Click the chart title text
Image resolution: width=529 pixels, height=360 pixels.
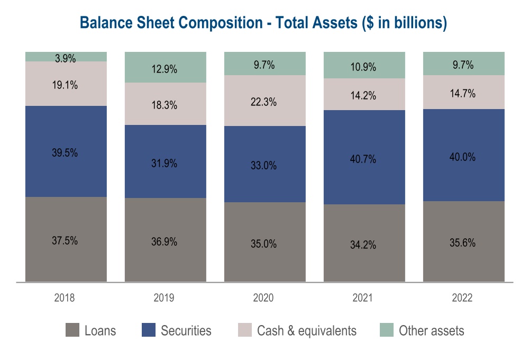pos(263,23)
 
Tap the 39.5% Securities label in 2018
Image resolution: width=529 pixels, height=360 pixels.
pos(66,152)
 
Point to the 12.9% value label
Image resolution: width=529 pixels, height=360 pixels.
pos(165,69)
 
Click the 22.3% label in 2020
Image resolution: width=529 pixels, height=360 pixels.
pos(263,102)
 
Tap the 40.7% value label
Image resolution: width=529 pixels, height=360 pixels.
pos(363,158)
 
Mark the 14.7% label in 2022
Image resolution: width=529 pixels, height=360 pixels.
pos(463,94)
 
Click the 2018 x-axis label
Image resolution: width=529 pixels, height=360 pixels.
pos(65,298)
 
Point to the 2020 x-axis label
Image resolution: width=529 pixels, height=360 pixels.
pos(263,298)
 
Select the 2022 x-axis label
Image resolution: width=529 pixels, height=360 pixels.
pos(462,298)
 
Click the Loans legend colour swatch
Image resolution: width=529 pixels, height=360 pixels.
pos(72,331)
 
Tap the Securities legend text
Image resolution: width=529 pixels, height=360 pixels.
pos(186,331)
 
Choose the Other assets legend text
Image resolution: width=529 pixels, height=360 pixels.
pos(431,331)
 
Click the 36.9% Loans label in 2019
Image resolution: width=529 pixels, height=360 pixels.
pos(165,241)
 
